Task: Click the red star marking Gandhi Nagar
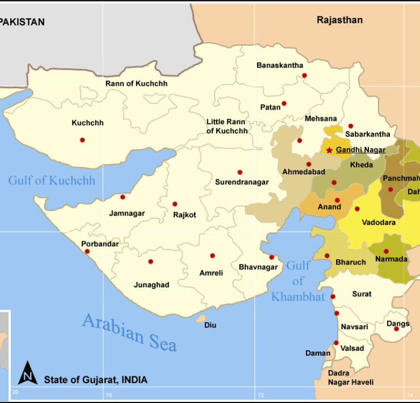point(329,150)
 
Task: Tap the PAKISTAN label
point(22,22)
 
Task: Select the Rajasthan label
point(339,20)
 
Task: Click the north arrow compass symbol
point(28,373)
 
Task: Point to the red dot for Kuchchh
point(82,140)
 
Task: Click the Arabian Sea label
point(129,331)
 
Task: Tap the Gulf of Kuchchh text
point(52,180)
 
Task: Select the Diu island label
point(210,325)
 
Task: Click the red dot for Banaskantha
point(304,75)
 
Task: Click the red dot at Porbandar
point(87,251)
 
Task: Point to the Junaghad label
point(151,285)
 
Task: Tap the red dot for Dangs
point(396,329)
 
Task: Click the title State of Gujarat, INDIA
point(95,380)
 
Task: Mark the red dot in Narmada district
point(386,251)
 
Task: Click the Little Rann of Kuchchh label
point(226,126)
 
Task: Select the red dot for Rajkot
point(175,204)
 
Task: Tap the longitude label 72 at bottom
point(261,394)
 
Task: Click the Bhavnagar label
point(258,267)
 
